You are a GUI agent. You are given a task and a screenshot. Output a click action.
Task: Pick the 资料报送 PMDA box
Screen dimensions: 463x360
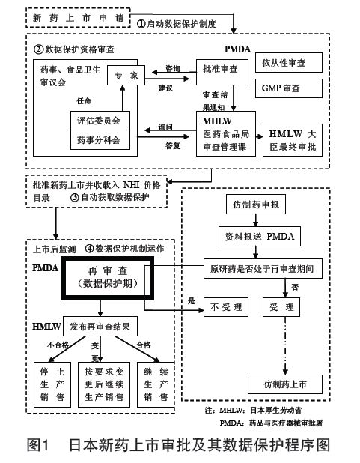(260, 235)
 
